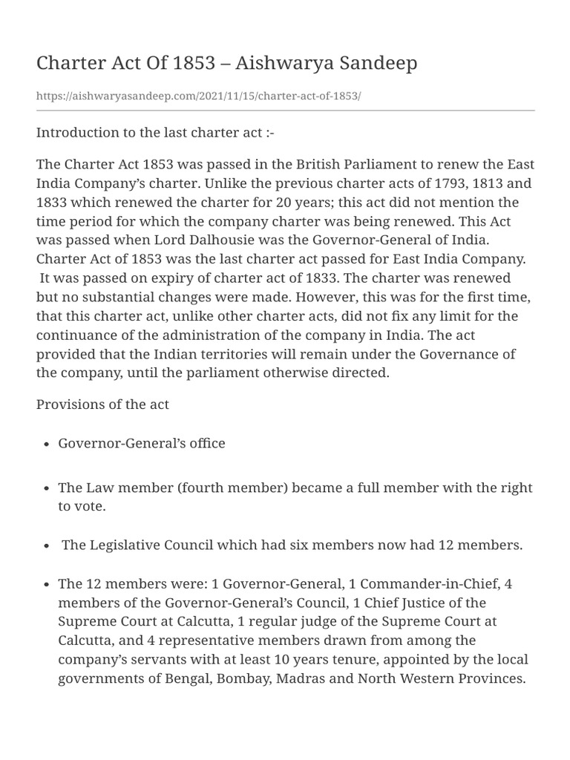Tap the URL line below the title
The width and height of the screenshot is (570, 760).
(x=199, y=96)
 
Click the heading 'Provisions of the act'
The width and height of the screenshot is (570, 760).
(x=102, y=404)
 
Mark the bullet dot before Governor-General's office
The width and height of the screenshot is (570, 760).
(x=46, y=444)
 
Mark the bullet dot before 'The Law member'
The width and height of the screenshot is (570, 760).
(x=46, y=488)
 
